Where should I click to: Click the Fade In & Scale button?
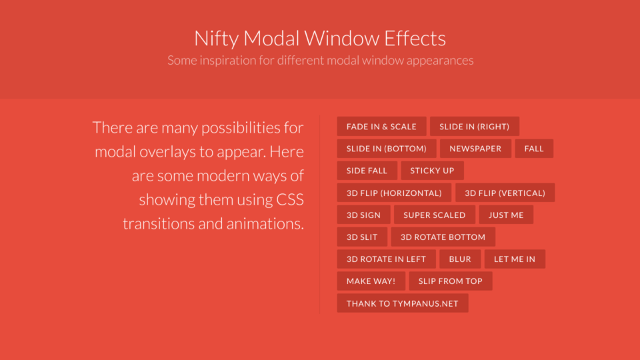click(381, 127)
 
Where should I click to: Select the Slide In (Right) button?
click(474, 127)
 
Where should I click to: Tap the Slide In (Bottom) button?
click(387, 149)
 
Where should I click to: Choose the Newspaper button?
click(475, 149)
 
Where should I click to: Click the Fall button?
click(534, 149)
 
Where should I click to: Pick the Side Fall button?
click(367, 171)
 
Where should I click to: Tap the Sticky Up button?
click(432, 171)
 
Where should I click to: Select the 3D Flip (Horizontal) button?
click(394, 193)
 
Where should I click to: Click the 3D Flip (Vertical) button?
click(505, 193)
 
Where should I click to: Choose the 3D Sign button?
click(363, 215)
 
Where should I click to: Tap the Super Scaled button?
click(435, 215)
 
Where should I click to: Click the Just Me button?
click(506, 215)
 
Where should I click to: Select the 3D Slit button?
click(362, 237)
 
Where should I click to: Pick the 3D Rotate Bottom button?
click(443, 237)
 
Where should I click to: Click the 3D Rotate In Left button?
click(386, 259)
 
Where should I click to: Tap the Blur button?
click(460, 259)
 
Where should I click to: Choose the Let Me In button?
click(515, 259)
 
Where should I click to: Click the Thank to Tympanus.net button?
click(403, 303)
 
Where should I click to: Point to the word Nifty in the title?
click(215, 38)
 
